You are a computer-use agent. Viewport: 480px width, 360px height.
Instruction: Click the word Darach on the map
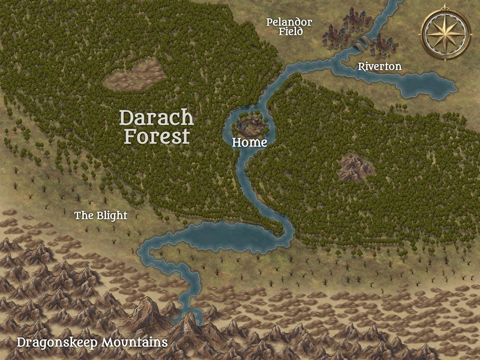(156, 118)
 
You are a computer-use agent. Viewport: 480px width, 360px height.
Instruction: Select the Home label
(250, 142)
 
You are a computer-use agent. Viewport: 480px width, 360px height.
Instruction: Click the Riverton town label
(380, 66)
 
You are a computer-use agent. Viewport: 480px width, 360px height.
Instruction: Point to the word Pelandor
(289, 22)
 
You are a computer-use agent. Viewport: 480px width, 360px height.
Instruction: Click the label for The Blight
(101, 216)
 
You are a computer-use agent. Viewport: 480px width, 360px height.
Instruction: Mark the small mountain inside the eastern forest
(355, 168)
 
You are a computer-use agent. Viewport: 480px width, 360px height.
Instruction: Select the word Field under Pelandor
(290, 32)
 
